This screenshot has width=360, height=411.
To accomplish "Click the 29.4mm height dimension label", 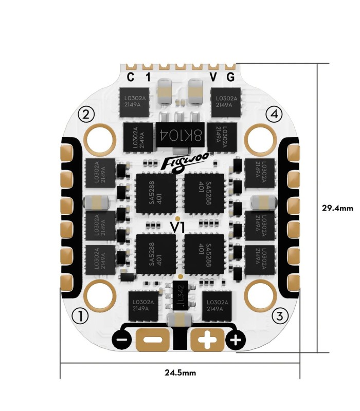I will click(x=337, y=208).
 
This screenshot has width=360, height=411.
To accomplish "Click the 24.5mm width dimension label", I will click(x=180, y=372).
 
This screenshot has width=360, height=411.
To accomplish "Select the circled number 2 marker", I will click(x=86, y=114).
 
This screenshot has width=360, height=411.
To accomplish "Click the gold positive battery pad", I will click(x=208, y=340).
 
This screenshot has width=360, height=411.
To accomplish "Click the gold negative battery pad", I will click(x=152, y=340).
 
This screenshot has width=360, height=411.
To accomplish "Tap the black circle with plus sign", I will click(x=236, y=340).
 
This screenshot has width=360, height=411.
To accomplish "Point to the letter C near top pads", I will click(x=131, y=78).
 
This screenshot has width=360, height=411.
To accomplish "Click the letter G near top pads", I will click(x=230, y=78).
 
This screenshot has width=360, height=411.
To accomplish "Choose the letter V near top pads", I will click(x=213, y=78).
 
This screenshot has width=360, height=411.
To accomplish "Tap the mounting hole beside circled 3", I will click(x=260, y=294).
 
